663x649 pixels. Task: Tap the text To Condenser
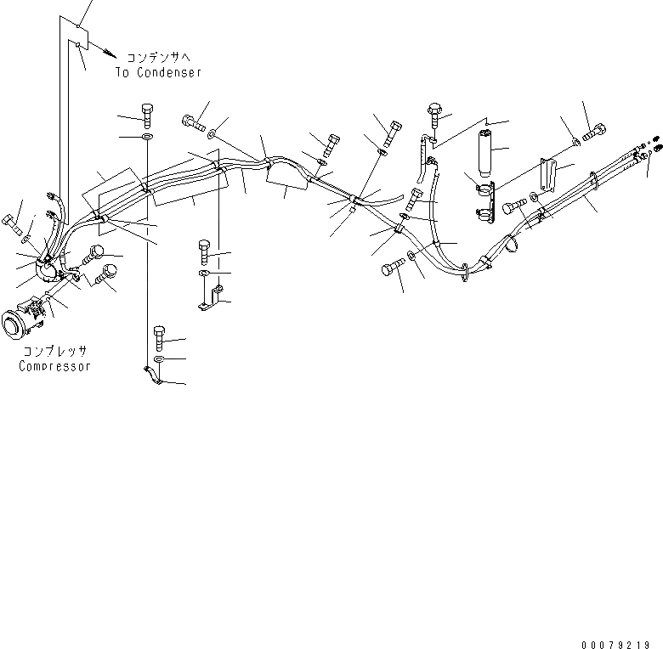pos(159,72)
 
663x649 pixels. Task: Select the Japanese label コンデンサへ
pos(159,58)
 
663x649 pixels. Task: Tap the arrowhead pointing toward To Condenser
pos(105,53)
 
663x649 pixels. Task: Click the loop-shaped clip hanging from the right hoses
pos(513,244)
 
